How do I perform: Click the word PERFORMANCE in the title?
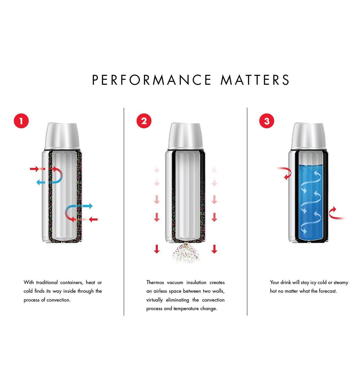tap(152, 80)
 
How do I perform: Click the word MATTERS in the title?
tap(255, 80)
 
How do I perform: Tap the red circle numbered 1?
tap(21, 121)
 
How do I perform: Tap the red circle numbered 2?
tap(144, 121)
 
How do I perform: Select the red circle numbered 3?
tap(267, 121)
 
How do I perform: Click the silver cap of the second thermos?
tap(185, 135)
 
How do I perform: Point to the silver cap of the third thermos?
tap(308, 135)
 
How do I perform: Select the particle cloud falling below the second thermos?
tap(185, 253)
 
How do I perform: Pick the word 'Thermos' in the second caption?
tap(155, 282)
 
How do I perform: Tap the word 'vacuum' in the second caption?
tap(175, 282)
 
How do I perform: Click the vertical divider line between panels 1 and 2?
tap(124, 212)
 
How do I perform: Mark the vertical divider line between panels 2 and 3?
tap(247, 212)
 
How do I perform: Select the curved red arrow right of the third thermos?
tap(336, 213)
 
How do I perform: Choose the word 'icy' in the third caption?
tap(313, 282)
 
